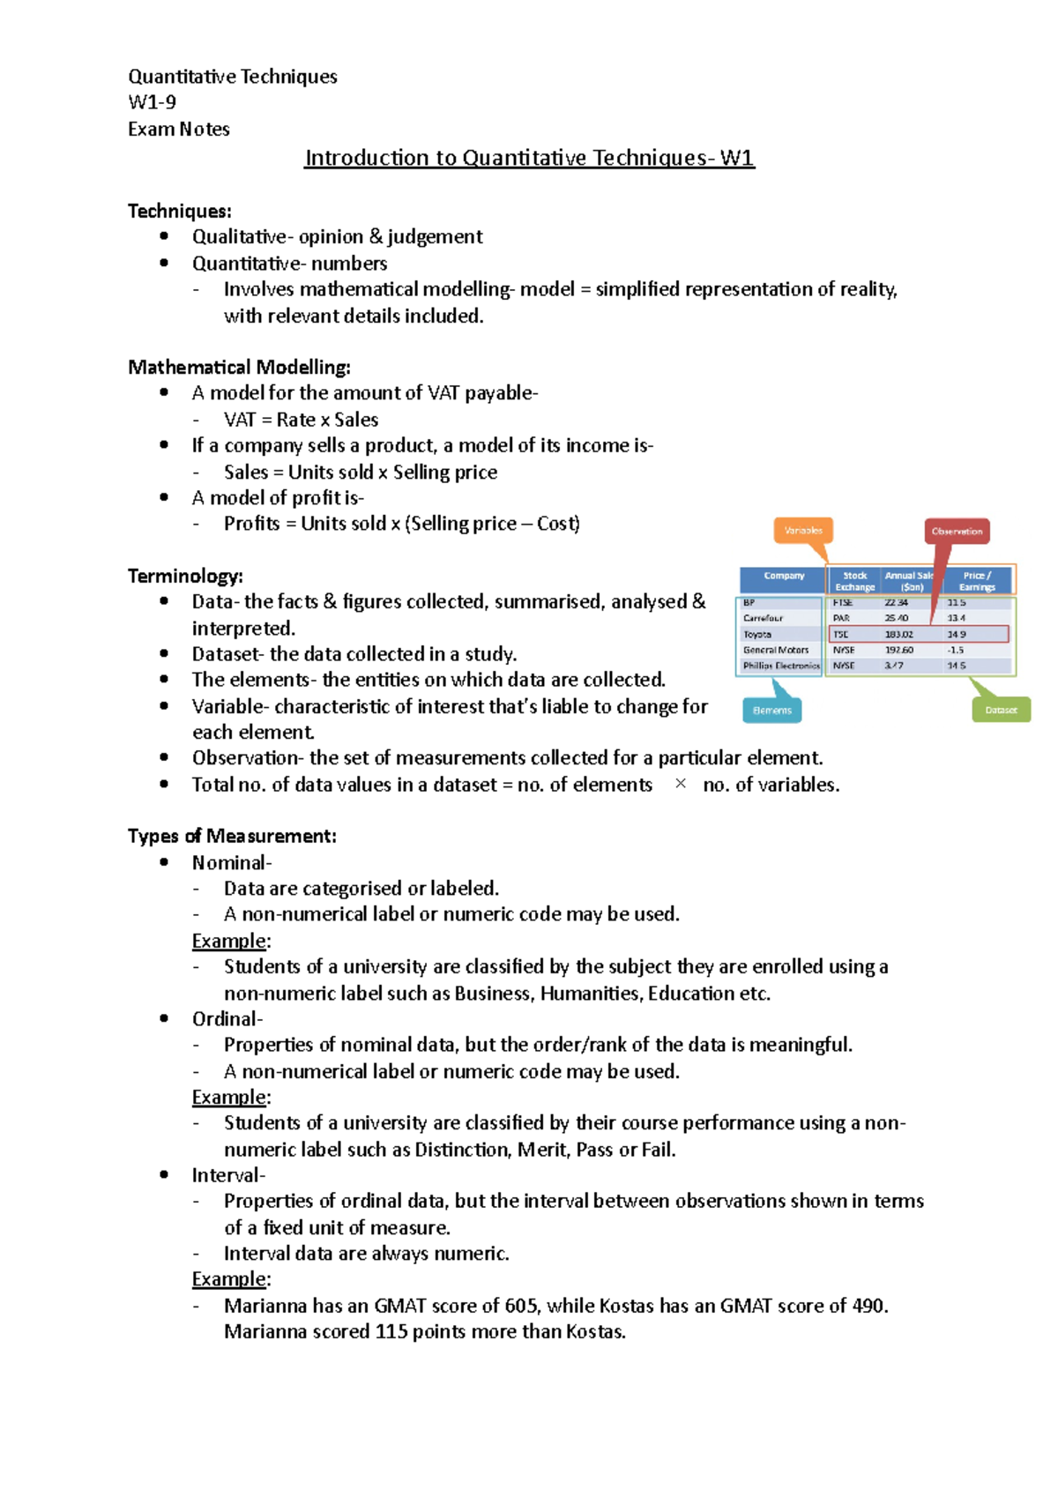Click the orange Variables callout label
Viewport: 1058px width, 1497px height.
pos(803,531)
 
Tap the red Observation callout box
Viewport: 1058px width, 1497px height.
pos(957,531)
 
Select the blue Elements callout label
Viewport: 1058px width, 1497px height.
pos(772,710)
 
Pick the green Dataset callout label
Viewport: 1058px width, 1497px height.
pos(1001,710)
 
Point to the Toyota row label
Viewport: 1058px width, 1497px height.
pos(757,634)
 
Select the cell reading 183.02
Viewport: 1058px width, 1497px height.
pos(898,634)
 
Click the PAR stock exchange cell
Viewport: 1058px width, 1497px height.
pos(841,618)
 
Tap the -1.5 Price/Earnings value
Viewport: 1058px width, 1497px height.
pos(956,650)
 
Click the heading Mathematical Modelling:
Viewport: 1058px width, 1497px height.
pos(239,367)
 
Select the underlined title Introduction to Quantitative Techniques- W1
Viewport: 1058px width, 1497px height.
pos(529,158)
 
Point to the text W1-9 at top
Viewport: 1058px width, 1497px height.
pos(152,102)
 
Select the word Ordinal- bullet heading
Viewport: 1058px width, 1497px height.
pos(227,1019)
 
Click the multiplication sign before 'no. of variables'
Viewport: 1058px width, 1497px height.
pos(680,784)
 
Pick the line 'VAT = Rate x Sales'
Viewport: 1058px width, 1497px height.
pos(301,420)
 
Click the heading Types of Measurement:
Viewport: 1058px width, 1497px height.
pos(232,836)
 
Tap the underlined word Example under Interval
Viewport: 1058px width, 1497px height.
pos(228,1279)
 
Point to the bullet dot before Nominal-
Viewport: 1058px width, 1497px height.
pos(164,862)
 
